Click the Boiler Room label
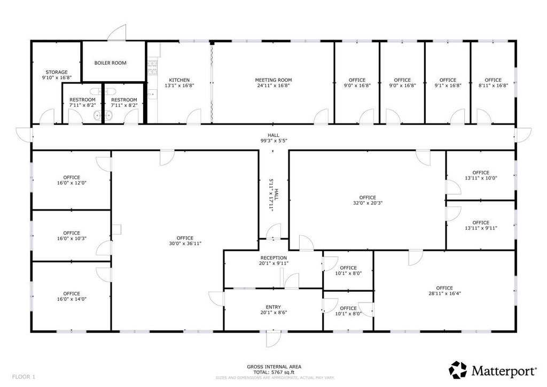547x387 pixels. point(110,63)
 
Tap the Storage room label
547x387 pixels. point(57,72)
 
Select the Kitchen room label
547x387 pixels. point(179,80)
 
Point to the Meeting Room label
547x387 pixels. point(273,80)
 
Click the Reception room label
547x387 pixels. point(273,258)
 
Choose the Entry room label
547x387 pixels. point(273,307)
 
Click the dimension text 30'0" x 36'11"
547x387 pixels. point(185,244)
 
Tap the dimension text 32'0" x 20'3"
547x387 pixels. point(368,203)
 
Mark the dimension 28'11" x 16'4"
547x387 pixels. point(444,293)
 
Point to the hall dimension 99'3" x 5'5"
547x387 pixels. point(273,141)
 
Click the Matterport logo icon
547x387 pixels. point(458,370)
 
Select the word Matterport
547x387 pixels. point(504,371)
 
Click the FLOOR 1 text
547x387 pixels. point(24,377)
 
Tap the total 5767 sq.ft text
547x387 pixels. point(273,373)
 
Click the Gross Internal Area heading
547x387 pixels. point(274,367)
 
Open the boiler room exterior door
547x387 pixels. point(117,33)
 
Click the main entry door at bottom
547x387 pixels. point(273,338)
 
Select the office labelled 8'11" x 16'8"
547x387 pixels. point(493,83)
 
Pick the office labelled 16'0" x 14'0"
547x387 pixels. point(72,296)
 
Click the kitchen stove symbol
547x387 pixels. point(152,68)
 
